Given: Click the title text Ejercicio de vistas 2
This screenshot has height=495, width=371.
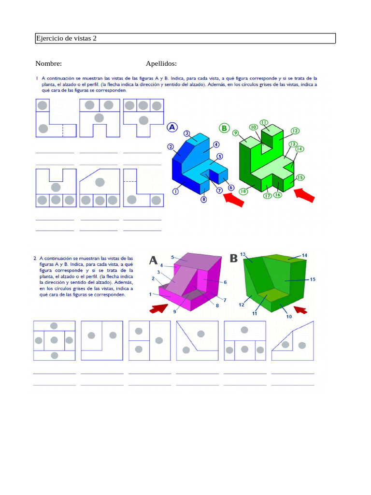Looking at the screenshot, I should click(x=66, y=38).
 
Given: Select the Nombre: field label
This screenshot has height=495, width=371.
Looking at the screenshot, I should click(x=48, y=63).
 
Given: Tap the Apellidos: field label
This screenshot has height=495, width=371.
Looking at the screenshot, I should click(x=161, y=63).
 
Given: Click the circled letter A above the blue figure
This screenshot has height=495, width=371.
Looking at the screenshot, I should click(x=172, y=127).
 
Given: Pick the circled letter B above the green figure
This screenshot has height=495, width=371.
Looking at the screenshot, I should click(x=224, y=128).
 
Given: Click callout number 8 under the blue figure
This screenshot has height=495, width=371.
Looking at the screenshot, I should click(x=204, y=199).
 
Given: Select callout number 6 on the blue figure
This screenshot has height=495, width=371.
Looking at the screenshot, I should click(x=231, y=188).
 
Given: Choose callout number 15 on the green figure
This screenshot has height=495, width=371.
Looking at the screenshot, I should click(x=300, y=177).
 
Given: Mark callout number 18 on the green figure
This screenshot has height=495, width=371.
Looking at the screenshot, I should click(x=243, y=191).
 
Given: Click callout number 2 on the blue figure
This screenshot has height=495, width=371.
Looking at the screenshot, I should click(x=171, y=146).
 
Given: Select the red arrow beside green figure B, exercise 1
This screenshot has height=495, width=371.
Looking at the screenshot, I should click(x=304, y=195).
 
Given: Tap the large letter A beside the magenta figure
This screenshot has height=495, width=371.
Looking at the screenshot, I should click(x=153, y=261).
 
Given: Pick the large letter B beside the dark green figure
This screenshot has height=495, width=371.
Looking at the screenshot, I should click(x=233, y=258).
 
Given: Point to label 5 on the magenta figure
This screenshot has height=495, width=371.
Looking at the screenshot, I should click(x=172, y=257).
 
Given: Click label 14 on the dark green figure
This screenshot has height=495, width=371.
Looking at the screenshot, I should click(x=304, y=255).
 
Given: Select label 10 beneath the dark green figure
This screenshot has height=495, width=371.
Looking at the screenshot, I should click(x=289, y=317).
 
